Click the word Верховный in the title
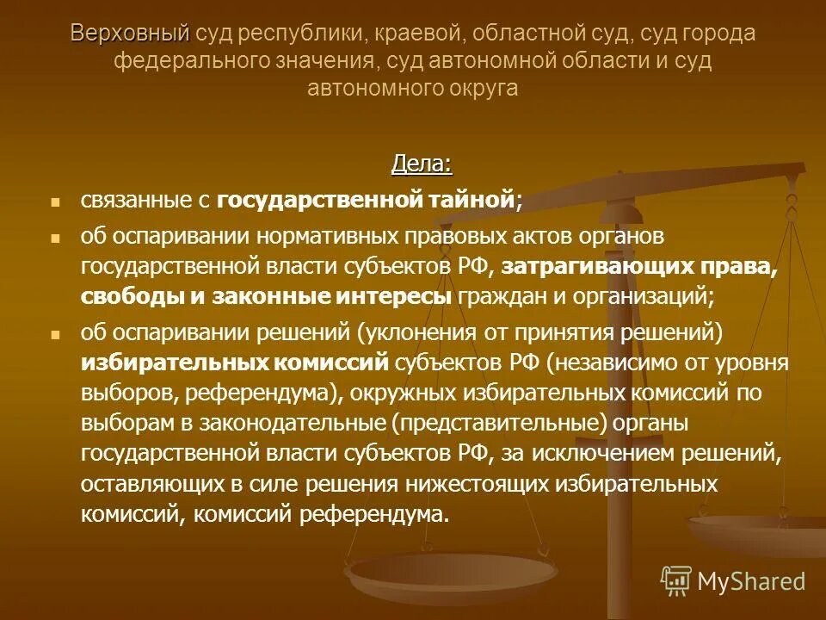pos(130,34)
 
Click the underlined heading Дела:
pos(422,164)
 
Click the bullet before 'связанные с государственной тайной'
pos(56,202)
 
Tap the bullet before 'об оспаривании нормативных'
pos(56,237)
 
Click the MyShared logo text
pos(751,581)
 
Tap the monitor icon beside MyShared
pos(676,580)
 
